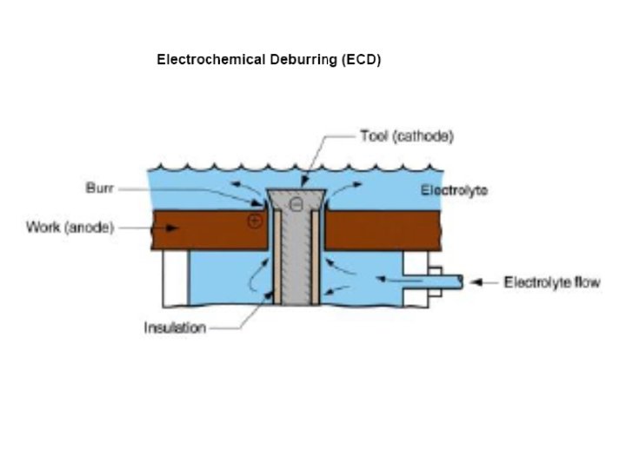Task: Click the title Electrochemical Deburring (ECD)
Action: [269, 60]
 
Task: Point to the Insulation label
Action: [175, 327]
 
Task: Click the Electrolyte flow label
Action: [552, 282]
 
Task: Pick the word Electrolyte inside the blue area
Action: [454, 190]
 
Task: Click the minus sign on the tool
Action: [296, 205]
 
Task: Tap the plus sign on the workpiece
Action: [254, 221]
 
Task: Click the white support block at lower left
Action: [175, 277]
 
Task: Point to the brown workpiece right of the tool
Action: [400, 230]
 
